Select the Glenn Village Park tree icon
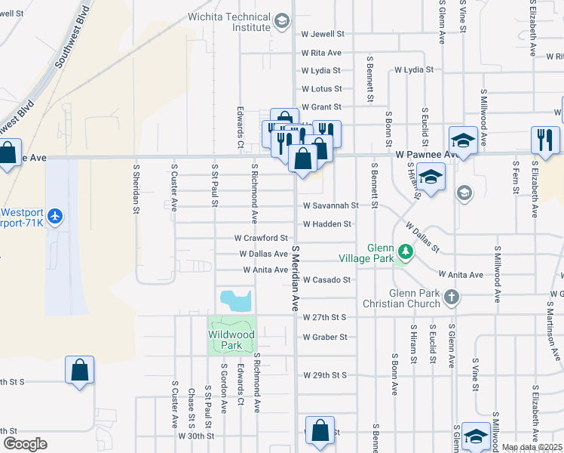pos(405,251)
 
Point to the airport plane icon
pos(54,216)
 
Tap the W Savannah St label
pos(330,205)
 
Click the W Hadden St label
pos(326,223)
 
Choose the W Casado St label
pos(326,279)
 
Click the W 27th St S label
pos(324,318)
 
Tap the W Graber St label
pos(324,337)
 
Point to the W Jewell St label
pos(322,34)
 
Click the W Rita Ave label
pos(321,53)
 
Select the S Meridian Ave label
pos(296,279)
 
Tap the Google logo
pos(25,444)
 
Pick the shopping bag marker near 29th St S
pos(79,370)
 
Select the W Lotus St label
pos(321,89)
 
